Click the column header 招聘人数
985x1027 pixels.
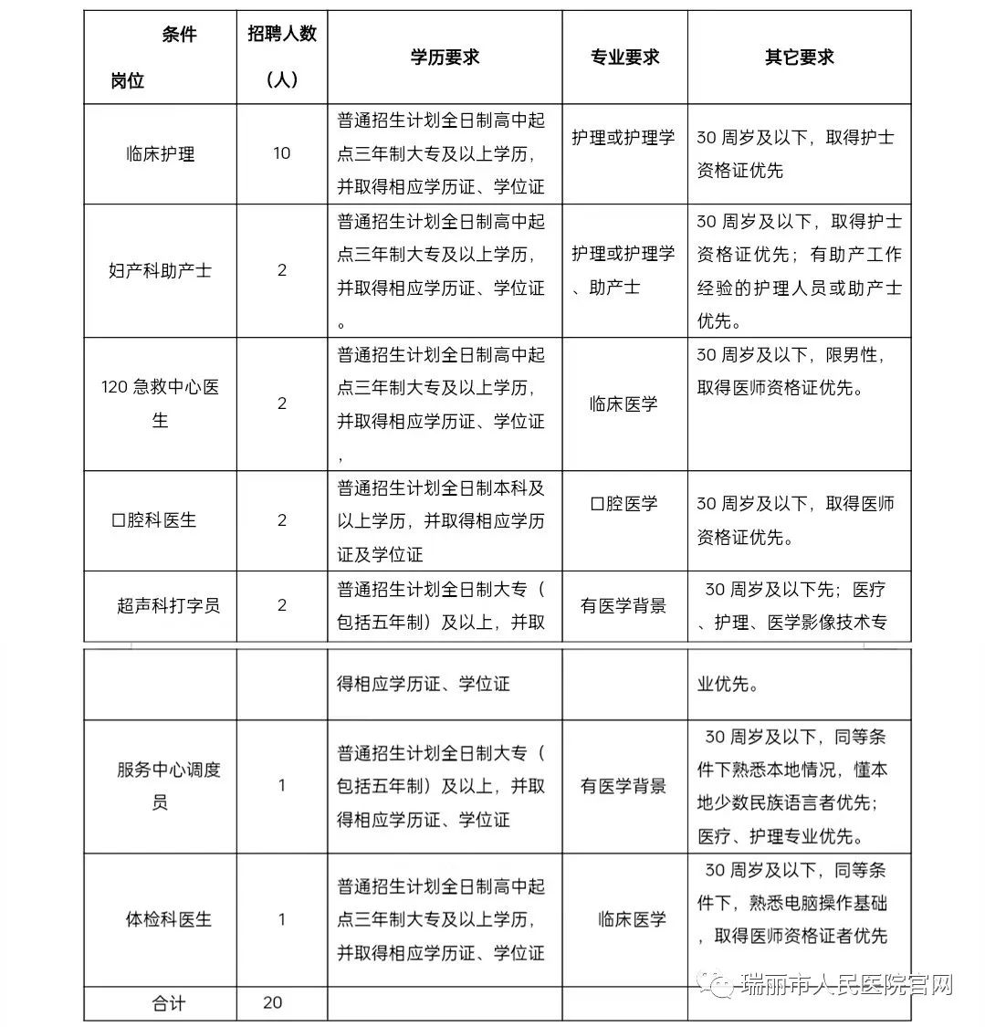pos(282,34)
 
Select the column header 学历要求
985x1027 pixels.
pos(445,57)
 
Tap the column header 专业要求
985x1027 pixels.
pos(624,57)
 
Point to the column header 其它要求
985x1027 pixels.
pos(799,57)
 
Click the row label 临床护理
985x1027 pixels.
pos(160,153)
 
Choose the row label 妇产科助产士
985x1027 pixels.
pos(160,270)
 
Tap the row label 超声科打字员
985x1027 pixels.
pos(168,605)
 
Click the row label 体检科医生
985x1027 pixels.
pos(168,919)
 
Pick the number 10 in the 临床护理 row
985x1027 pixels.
pos(281,153)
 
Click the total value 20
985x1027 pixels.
pos(272,1002)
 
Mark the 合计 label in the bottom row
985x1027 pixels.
pos(168,1003)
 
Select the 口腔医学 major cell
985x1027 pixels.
pos(623,504)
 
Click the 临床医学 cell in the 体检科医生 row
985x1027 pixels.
pos(632,919)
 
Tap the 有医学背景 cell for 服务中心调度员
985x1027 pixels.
pos(623,786)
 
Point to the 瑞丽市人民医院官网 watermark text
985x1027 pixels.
pos(846,986)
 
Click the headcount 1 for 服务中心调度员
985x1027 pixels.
pos(282,785)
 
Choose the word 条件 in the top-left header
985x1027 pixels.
pos(179,35)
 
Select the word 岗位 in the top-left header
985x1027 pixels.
pos(128,80)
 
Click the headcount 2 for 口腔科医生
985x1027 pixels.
pos(282,520)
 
